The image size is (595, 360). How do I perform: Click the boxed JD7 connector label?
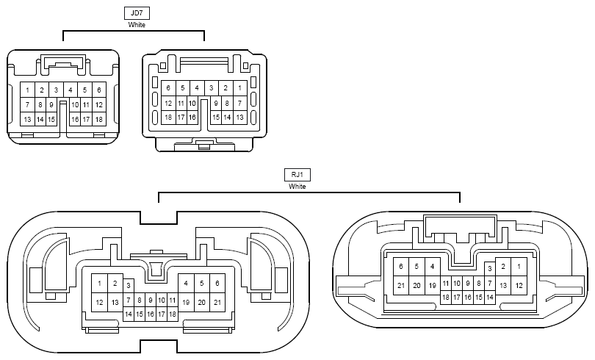(x=137, y=13)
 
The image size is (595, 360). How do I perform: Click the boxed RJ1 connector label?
(x=297, y=175)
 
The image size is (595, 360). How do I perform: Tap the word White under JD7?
(x=137, y=25)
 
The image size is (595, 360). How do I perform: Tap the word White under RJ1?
(x=297, y=187)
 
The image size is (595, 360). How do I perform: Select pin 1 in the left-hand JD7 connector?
(x=27, y=90)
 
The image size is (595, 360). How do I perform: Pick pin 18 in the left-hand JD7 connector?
(x=99, y=119)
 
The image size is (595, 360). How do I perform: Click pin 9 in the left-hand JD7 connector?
(x=51, y=105)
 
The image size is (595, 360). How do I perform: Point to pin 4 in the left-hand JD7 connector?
(x=71, y=90)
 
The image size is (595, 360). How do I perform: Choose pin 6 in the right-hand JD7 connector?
(x=168, y=88)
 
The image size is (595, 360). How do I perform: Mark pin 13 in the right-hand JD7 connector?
(x=239, y=118)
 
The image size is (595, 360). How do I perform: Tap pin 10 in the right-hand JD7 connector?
(x=192, y=103)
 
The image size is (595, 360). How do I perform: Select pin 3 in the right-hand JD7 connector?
(x=212, y=88)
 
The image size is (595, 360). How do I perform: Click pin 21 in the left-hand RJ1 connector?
(x=217, y=303)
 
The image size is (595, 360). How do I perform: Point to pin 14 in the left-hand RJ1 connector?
(x=129, y=314)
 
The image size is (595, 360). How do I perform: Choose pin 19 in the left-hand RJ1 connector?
(x=186, y=303)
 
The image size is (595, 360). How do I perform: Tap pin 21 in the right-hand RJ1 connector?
(x=401, y=285)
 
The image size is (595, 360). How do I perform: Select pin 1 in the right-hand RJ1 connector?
(x=519, y=266)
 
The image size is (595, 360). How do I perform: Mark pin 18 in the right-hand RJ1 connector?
(x=446, y=297)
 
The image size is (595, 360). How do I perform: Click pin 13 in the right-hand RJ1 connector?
(x=503, y=285)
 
